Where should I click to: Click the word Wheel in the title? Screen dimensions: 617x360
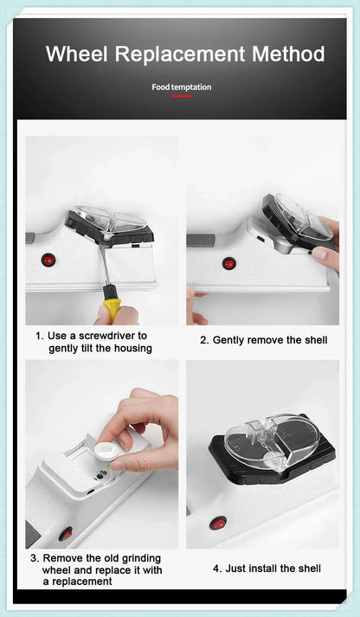(x=77, y=54)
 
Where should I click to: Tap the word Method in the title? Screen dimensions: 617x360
(x=288, y=54)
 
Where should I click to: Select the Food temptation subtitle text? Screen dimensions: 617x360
(x=181, y=87)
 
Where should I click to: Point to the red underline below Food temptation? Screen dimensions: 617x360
(x=181, y=95)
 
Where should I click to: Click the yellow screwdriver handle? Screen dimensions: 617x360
(x=111, y=307)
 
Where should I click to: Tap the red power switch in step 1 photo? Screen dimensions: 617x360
(x=48, y=260)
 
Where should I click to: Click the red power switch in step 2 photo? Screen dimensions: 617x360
(x=228, y=263)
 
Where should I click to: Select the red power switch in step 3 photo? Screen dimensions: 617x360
(x=66, y=533)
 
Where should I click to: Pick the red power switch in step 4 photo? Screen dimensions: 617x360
(x=218, y=523)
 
